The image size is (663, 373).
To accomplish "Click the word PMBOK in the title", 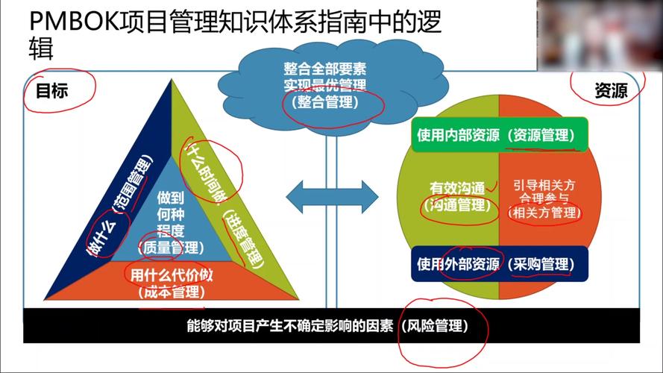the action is tap(74, 21).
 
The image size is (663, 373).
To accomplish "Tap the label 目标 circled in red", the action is tap(51, 91).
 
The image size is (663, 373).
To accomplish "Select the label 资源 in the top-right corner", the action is tap(611, 90).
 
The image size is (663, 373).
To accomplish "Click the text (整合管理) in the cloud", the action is tap(324, 102).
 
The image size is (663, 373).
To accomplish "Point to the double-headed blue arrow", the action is tap(333, 197).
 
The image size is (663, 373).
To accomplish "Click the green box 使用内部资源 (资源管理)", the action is tap(500, 134).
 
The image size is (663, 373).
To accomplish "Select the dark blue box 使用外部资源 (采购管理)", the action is tap(500, 264).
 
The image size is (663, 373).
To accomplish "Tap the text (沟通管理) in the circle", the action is tap(457, 206).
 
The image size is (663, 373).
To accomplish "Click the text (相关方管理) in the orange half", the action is tap(544, 213).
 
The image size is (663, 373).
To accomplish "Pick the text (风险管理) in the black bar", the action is tap(435, 326).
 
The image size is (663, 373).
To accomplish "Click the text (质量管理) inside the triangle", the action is tap(171, 248).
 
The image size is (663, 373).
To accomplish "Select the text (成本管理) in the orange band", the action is tap(172, 292).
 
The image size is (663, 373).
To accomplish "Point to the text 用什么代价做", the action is tap(172, 275).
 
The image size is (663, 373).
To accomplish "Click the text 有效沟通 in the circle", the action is tap(457, 188).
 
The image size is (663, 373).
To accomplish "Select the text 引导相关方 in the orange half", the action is tap(544, 185).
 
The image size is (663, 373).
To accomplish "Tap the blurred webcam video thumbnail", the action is tap(600, 35).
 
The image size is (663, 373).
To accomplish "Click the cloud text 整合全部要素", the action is tap(324, 69).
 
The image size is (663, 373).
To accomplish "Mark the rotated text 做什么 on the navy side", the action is tap(101, 239).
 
